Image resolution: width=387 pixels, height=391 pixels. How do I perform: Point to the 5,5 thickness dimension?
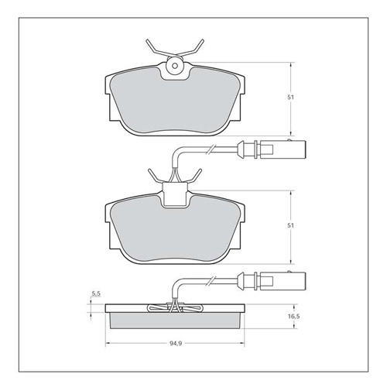point(96,293)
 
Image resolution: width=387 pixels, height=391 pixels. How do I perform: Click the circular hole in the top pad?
point(175,68)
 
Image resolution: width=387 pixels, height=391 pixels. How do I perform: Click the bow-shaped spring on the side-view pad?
point(176,309)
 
